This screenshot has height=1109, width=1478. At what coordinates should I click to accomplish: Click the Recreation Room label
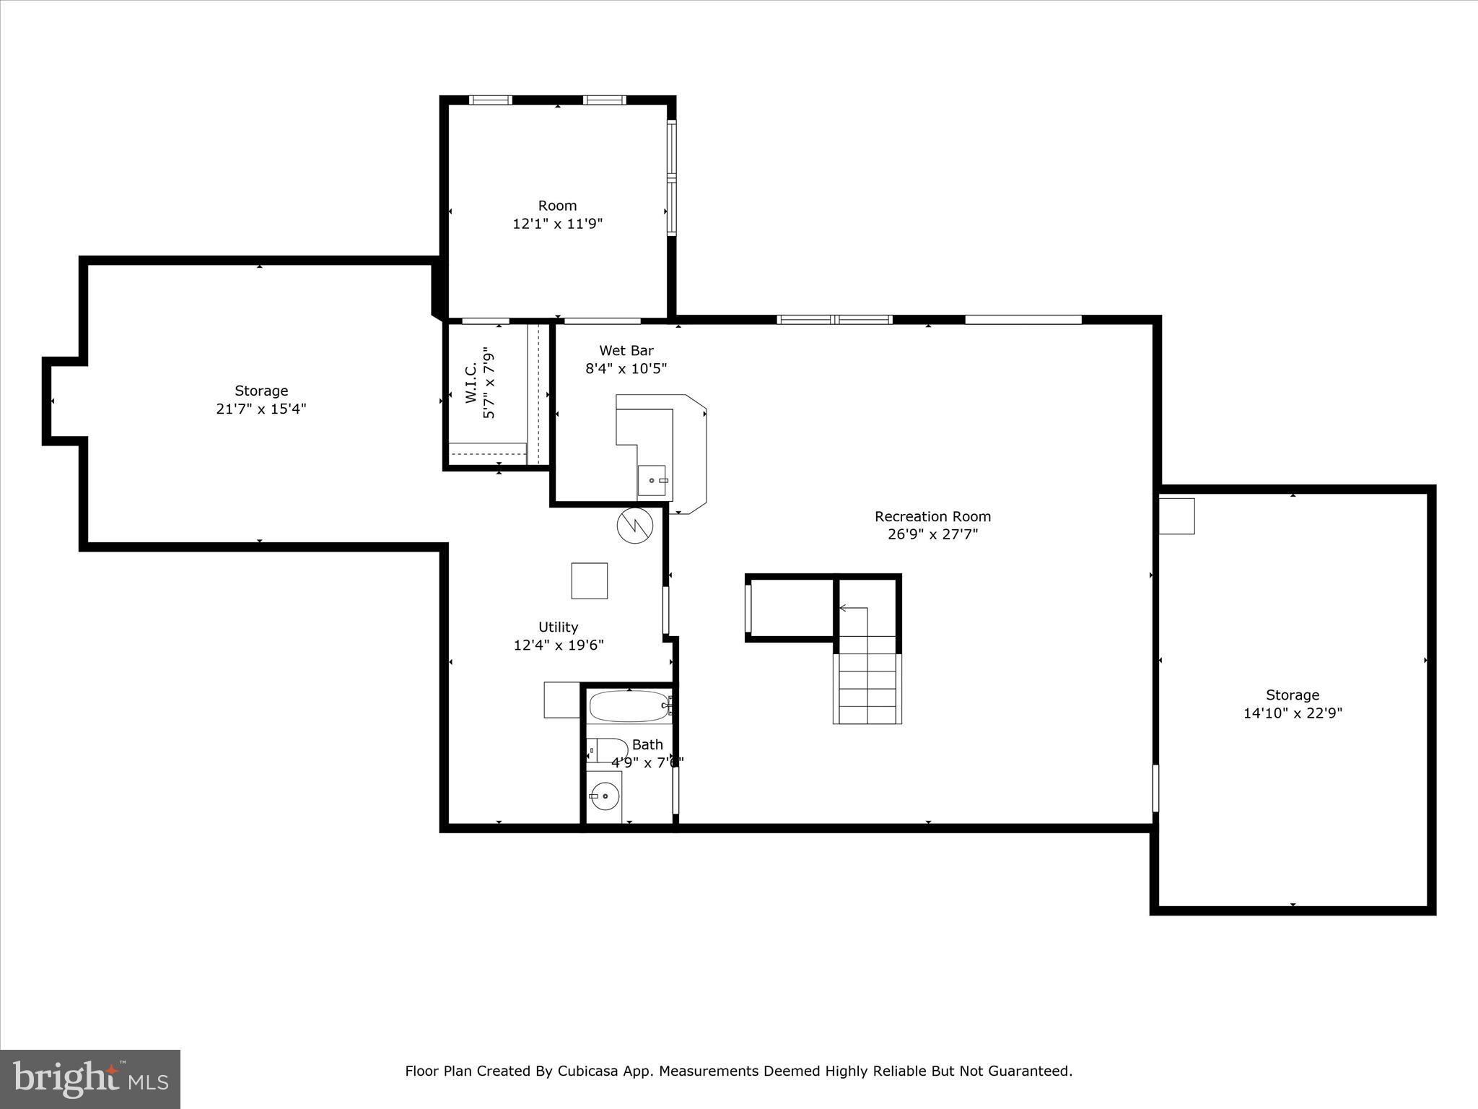tap(932, 516)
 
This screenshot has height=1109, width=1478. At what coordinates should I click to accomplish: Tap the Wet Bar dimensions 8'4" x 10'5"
tap(626, 368)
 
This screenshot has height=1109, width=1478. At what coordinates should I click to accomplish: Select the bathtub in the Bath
tap(629, 705)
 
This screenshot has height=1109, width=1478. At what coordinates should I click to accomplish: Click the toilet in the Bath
tap(607, 750)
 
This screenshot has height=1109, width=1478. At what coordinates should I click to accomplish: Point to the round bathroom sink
tap(605, 797)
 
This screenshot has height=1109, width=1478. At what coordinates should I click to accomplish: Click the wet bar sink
tap(653, 480)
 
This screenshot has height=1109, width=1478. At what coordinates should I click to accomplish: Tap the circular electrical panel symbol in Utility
tap(634, 526)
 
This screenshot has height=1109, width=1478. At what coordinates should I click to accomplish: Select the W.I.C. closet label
tap(471, 383)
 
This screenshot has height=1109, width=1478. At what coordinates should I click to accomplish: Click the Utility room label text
tap(558, 627)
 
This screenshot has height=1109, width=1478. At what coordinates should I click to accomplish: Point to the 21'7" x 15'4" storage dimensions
tap(261, 409)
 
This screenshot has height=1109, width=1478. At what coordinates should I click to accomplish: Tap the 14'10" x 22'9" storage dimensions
tap(1292, 713)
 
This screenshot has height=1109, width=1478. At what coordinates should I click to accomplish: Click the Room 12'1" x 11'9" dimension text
tap(557, 224)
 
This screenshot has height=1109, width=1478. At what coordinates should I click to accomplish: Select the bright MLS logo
tap(90, 1079)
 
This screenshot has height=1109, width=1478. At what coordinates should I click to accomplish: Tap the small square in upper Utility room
tap(589, 580)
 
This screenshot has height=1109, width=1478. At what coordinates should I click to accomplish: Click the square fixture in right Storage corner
tap(1176, 516)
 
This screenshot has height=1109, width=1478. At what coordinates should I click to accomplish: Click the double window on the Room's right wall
tap(671, 178)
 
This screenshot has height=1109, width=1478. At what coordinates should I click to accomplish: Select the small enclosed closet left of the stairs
tap(791, 608)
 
